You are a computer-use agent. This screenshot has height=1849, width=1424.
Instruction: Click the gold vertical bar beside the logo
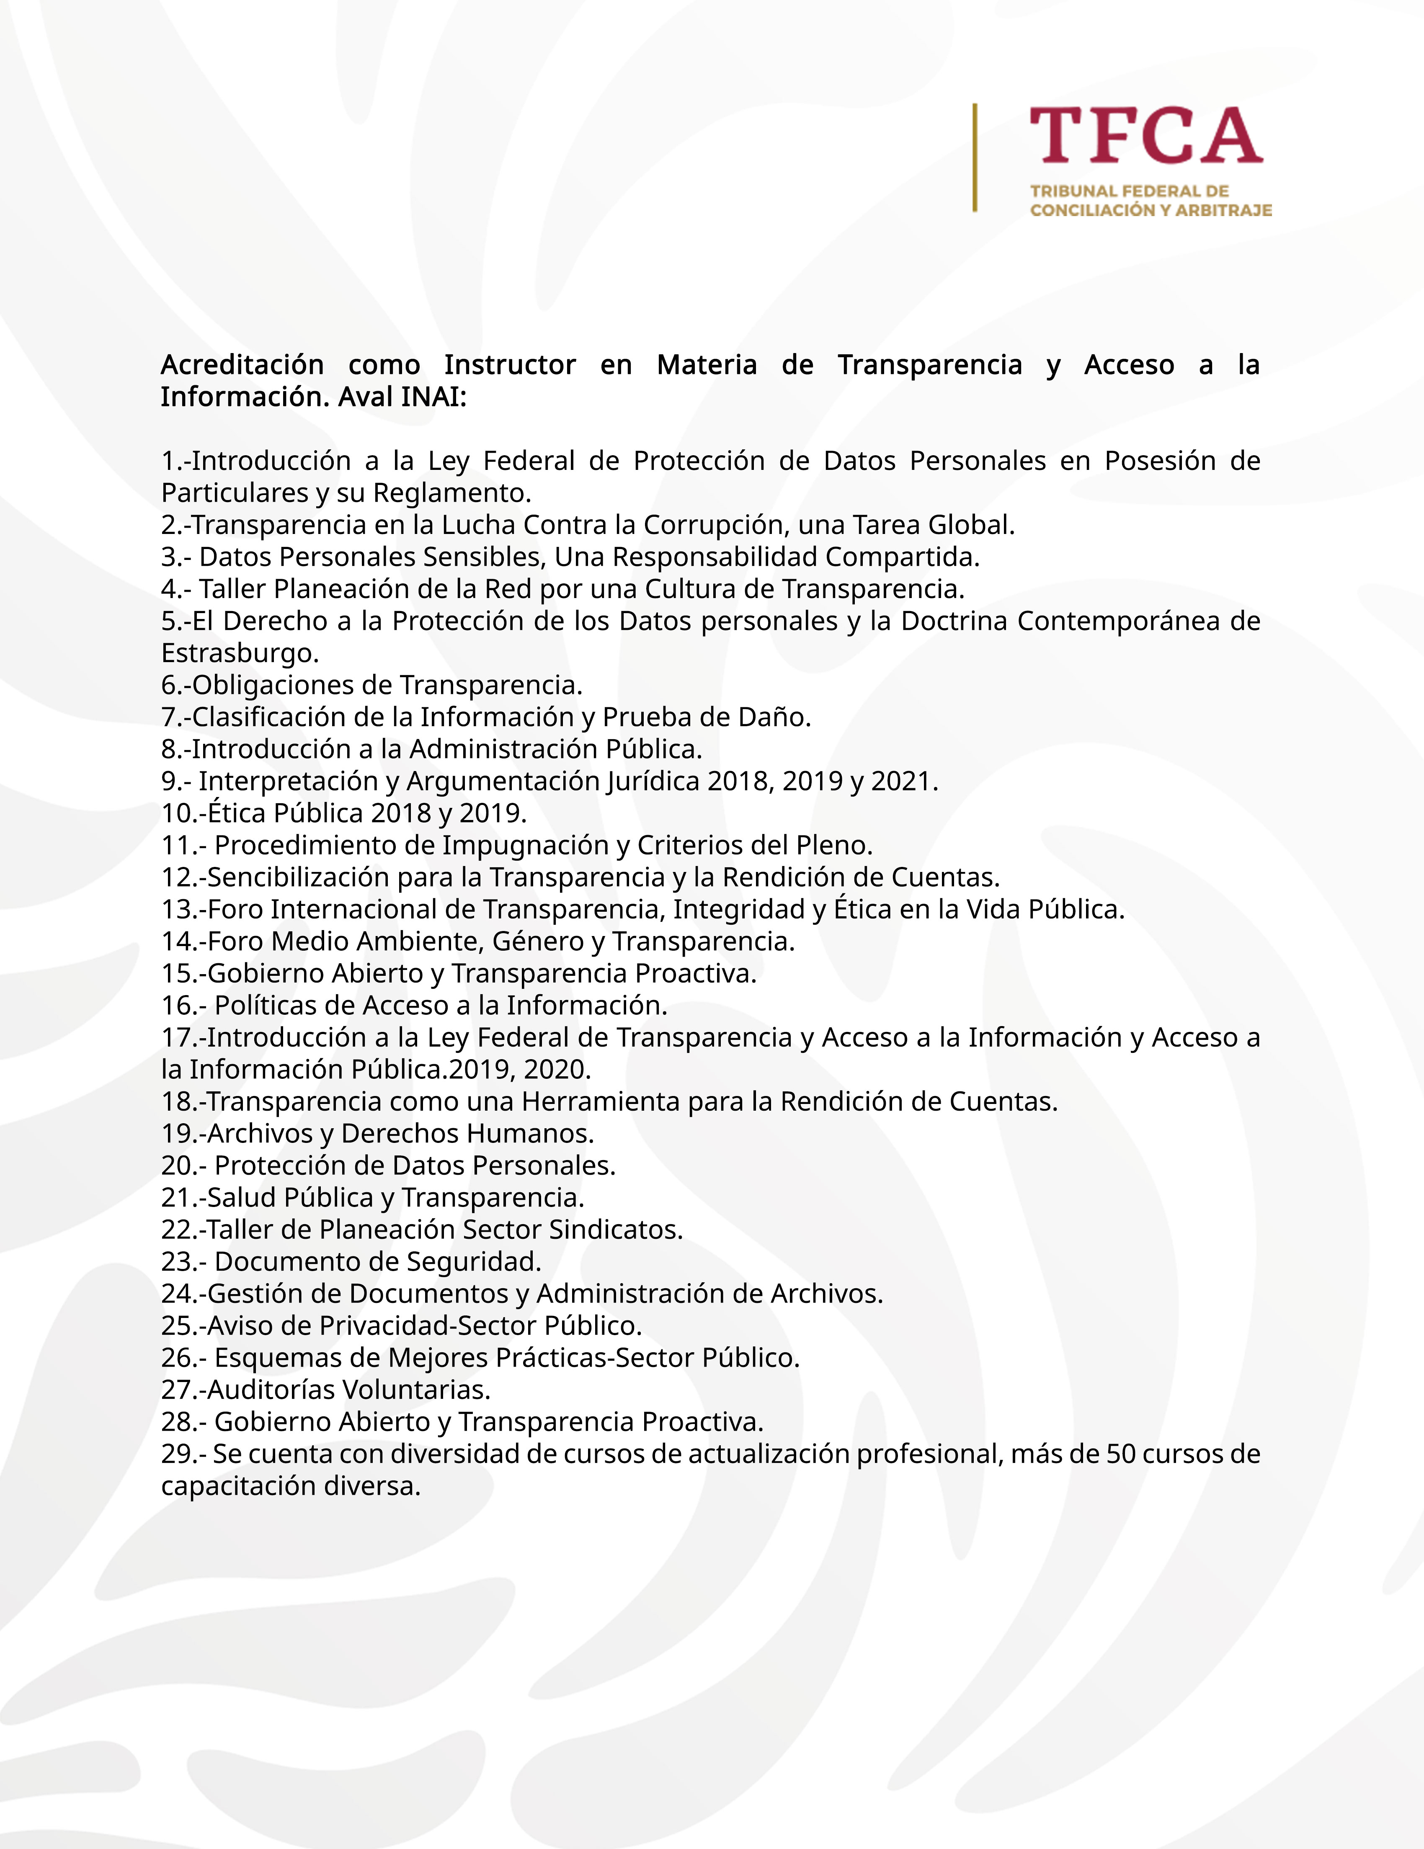tap(975, 157)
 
